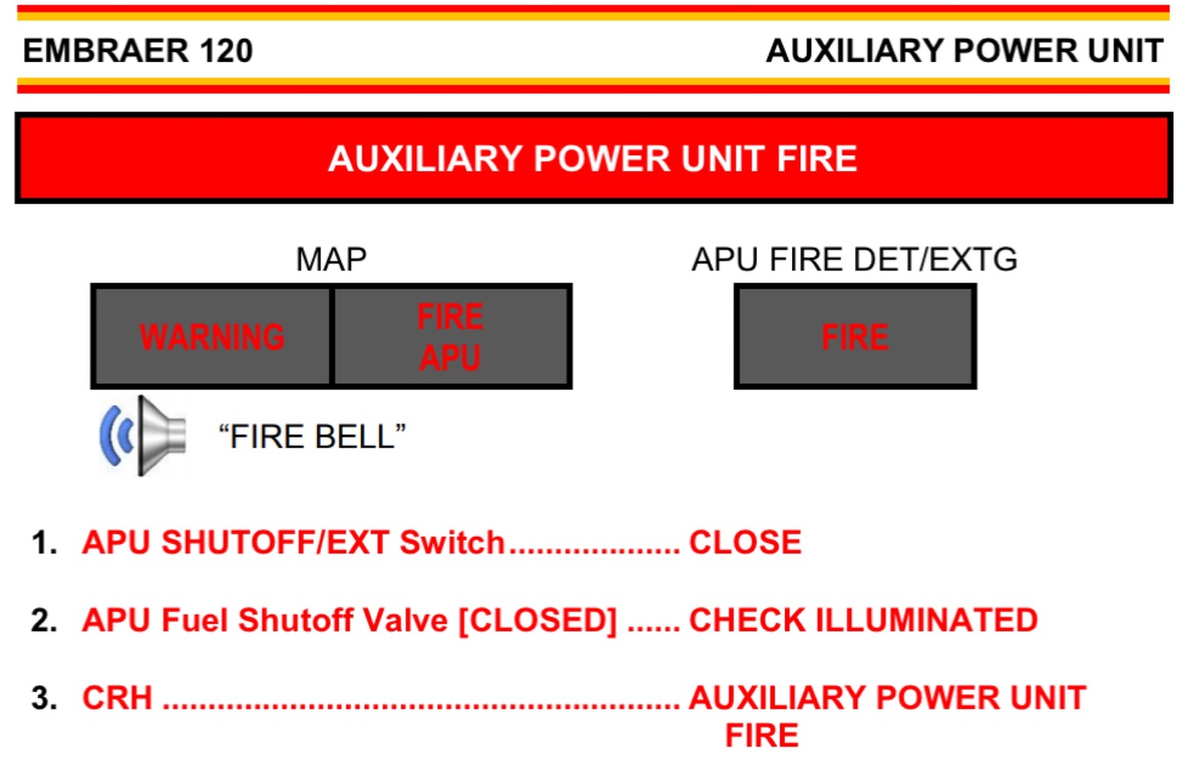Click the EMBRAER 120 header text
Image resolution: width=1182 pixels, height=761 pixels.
(137, 51)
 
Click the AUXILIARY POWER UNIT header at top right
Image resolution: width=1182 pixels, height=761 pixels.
(964, 51)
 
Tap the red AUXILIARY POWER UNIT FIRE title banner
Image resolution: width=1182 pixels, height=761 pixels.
(592, 159)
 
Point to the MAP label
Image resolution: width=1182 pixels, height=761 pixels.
(330, 260)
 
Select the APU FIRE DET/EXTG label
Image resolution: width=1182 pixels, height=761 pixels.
(854, 260)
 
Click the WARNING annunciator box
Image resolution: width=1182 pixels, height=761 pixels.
(213, 337)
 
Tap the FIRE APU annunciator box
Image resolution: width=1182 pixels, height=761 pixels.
(451, 337)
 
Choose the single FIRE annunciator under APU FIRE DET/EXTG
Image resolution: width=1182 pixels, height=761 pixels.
(855, 337)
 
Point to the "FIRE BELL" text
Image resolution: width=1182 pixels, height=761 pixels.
(312, 436)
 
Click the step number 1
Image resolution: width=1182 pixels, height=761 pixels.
(43, 543)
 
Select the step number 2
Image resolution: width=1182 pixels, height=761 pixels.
(43, 621)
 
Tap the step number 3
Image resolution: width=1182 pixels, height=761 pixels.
(43, 699)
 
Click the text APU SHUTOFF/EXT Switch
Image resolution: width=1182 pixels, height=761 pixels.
(293, 543)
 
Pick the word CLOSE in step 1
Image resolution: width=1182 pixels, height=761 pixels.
(745, 543)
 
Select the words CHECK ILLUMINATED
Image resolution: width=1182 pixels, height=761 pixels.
(863, 621)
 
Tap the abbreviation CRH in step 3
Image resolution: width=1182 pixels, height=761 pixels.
(117, 699)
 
